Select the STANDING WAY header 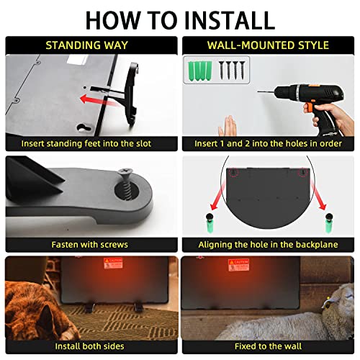tap(89, 45)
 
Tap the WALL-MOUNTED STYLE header tap(269, 45)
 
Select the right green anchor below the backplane tap(328, 223)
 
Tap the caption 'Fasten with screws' tap(89, 244)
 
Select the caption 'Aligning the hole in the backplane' tap(268, 244)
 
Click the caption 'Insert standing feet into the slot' tap(89, 143)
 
